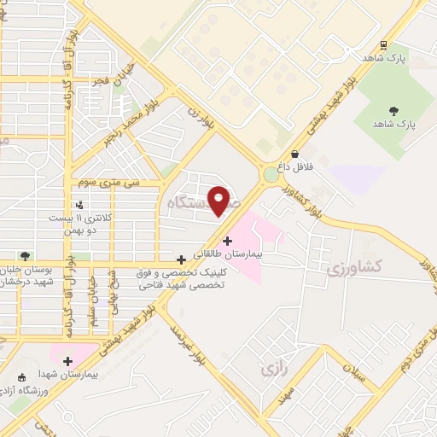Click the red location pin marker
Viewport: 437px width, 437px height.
tap(219, 201)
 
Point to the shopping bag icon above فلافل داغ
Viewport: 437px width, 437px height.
tap(295, 154)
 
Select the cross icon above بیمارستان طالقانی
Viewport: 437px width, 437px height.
tap(227, 241)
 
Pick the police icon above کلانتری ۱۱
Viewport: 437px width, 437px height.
tap(79, 205)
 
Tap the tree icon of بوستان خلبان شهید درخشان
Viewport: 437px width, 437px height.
tap(26, 254)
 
